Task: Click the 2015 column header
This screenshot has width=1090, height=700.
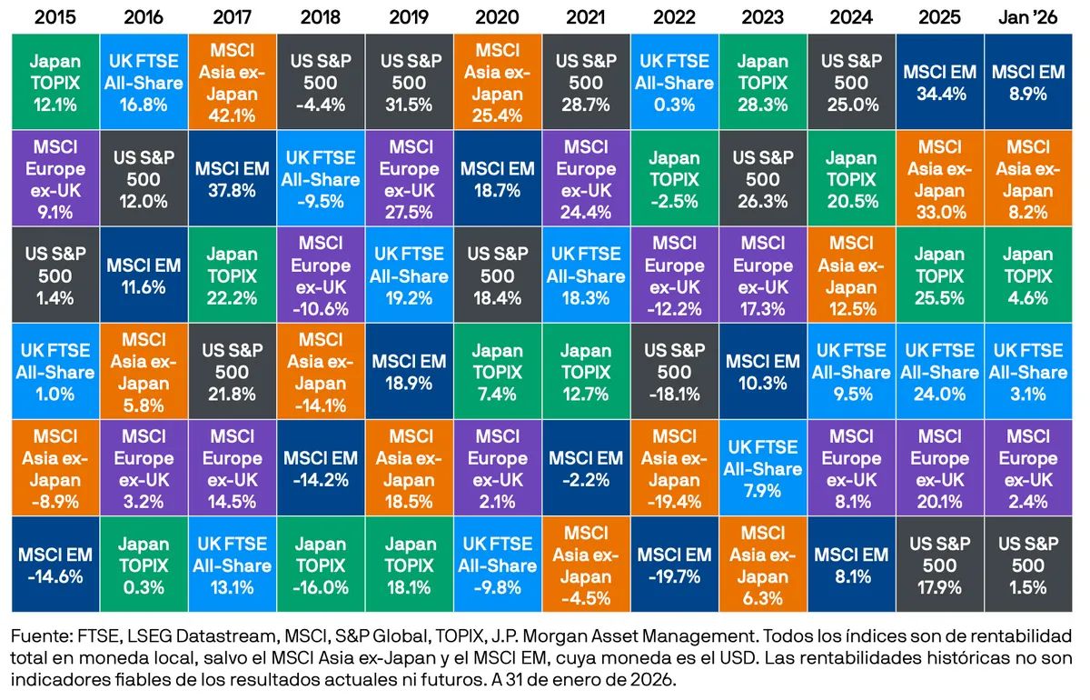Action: (x=54, y=16)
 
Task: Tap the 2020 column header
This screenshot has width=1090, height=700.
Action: (x=497, y=16)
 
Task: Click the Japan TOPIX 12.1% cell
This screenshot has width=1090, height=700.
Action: (x=54, y=83)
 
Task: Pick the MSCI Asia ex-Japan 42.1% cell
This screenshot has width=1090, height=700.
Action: (x=232, y=83)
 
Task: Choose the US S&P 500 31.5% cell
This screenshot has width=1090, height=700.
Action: (x=409, y=83)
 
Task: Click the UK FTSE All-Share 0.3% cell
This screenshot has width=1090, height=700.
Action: (x=674, y=83)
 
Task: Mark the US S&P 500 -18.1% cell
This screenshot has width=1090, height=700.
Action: (x=674, y=372)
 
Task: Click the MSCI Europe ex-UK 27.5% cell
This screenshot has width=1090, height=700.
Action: (x=409, y=179)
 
